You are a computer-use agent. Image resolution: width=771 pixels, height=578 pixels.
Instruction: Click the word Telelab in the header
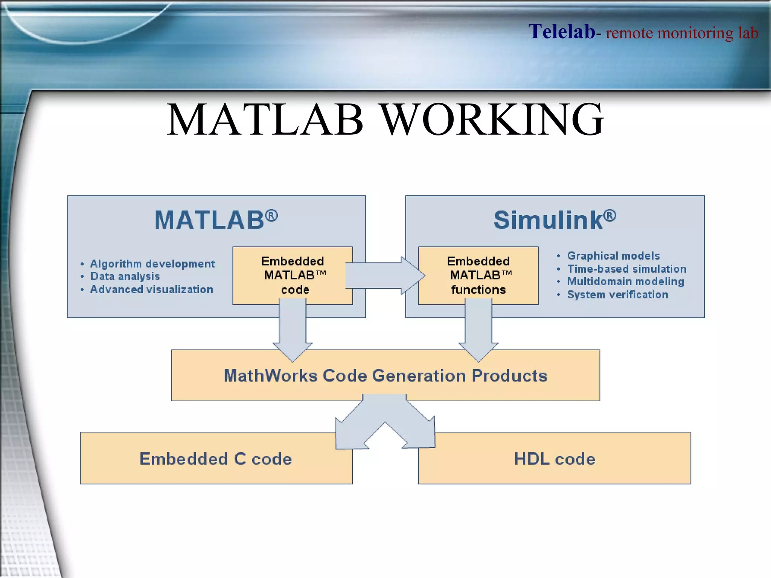561,32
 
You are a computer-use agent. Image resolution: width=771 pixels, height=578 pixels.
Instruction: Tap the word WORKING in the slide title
492,120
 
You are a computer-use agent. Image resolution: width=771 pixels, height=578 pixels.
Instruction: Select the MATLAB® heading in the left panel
216,220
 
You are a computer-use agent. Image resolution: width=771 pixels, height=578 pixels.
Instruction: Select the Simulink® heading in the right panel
555,220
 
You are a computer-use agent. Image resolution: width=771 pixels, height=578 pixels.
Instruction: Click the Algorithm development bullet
152,264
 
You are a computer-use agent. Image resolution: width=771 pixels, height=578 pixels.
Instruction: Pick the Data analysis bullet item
125,276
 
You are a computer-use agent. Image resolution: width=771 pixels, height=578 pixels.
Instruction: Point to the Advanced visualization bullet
151,289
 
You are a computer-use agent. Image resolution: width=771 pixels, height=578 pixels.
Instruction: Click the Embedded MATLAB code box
293,275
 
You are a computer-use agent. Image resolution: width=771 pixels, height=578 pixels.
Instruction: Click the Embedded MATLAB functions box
478,275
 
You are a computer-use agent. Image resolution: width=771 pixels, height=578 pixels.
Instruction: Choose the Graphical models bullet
613,256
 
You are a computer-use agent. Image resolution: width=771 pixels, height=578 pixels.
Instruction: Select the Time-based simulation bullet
626,269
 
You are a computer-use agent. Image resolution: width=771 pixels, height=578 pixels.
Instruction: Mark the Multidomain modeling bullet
625,281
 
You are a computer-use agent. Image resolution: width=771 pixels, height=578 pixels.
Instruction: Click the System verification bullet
617,295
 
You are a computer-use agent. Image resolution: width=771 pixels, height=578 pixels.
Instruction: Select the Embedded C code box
216,459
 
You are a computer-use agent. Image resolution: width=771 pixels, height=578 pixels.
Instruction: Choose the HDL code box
555,459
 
